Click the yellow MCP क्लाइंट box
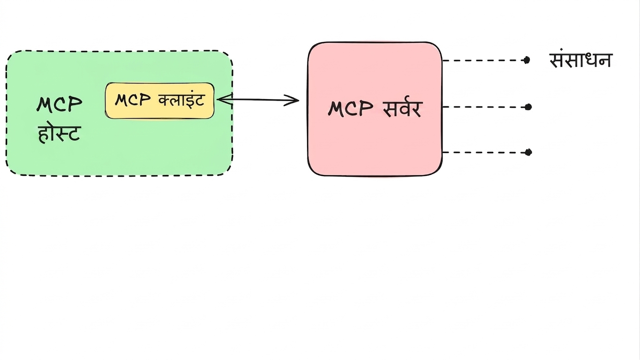[x=159, y=101]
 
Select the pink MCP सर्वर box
[x=375, y=109]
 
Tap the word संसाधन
[x=580, y=60]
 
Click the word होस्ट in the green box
[x=59, y=134]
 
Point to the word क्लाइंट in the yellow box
[x=181, y=99]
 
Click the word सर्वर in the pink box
[x=403, y=109]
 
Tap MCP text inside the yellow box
[x=133, y=100]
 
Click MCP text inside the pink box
[x=351, y=109]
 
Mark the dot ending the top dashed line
[x=527, y=60]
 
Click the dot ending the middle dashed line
[x=528, y=107]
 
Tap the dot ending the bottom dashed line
[x=528, y=152]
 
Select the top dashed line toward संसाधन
[x=484, y=60]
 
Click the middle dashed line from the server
[x=485, y=107]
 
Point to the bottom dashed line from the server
[x=485, y=152]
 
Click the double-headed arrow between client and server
[x=258, y=100]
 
